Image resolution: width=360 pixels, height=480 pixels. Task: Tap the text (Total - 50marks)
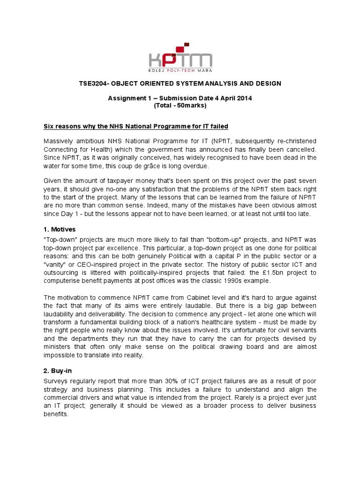(180, 105)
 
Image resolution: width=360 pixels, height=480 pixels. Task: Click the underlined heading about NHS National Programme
(136, 127)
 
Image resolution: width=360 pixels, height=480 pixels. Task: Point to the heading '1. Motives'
(60, 229)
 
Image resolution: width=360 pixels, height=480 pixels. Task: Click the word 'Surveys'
(57, 381)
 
